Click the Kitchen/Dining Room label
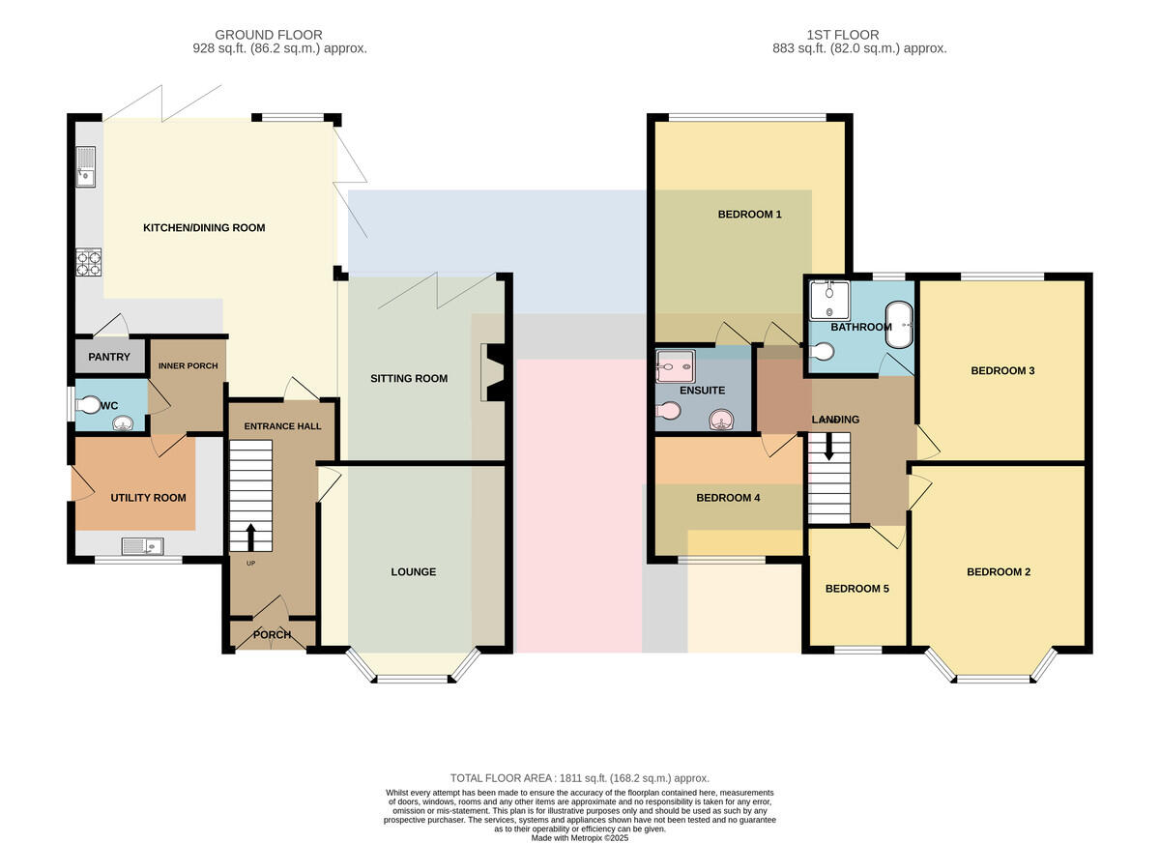204,228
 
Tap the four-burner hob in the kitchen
89,263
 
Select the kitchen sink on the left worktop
86,166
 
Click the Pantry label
108,357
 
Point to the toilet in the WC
87,405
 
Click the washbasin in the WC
123,423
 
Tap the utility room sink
142,546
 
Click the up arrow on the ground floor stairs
250,538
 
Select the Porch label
272,635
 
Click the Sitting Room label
409,379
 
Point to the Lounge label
414,571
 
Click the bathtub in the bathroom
899,325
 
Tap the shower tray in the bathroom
829,301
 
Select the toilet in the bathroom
822,352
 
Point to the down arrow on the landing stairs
828,447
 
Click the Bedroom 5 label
857,589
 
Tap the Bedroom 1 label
749,215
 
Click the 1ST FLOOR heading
843,35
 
